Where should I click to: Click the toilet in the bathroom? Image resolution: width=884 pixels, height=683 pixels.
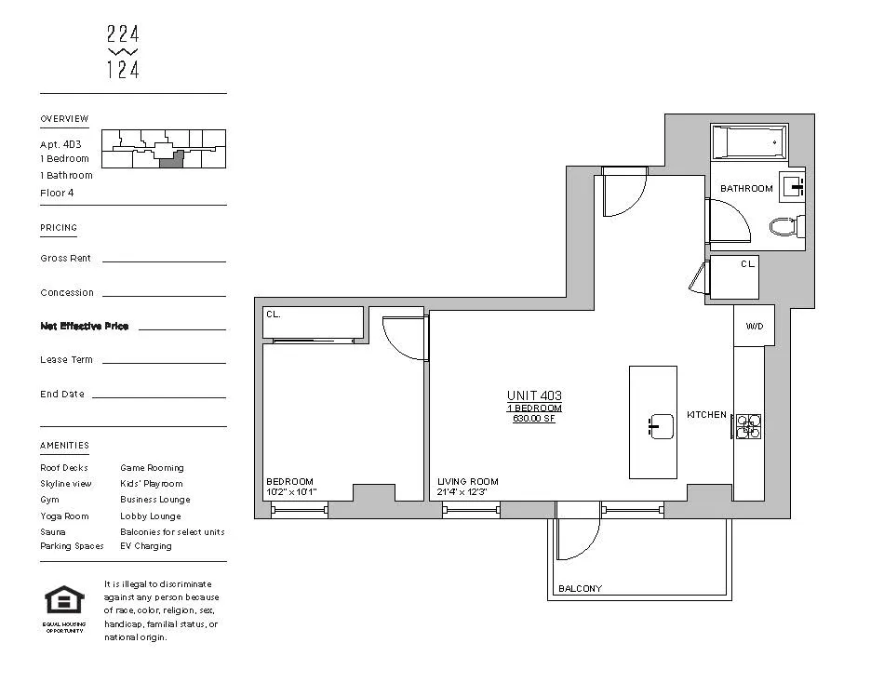coord(785,226)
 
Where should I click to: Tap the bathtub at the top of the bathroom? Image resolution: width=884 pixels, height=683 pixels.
coord(749,143)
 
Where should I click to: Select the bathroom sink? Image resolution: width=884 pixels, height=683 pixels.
coord(794,187)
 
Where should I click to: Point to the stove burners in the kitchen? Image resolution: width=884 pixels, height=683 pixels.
coord(748,426)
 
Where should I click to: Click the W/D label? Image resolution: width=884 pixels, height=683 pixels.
coord(753,326)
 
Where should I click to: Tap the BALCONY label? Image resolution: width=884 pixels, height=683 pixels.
coord(580,588)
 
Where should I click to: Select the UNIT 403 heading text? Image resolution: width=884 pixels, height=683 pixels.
coord(534,395)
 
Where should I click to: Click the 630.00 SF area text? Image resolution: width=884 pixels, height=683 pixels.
coord(534,419)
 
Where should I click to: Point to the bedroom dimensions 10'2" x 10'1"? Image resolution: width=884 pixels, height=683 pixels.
coord(291,491)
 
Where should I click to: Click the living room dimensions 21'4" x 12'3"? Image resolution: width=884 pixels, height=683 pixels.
coord(462,491)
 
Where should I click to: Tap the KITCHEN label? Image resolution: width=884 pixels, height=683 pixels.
coord(706,415)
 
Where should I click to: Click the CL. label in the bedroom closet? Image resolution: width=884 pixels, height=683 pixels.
coord(274,315)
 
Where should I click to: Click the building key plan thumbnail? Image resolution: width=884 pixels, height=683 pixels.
coord(163,149)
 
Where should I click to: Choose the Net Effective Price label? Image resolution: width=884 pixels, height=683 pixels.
coord(85,327)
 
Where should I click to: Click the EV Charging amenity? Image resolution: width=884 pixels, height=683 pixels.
coord(146,546)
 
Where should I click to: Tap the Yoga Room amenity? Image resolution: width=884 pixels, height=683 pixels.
coord(64,516)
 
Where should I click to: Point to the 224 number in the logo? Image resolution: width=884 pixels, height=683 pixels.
coord(123,35)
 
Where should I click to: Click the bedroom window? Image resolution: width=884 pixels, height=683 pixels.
coord(299,509)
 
